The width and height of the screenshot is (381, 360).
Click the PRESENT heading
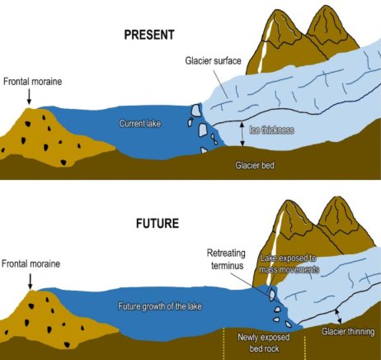point(149,35)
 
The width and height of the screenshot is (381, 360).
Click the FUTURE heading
point(158,223)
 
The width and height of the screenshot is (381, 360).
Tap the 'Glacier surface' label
point(213,60)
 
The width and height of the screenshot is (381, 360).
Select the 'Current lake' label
point(139,123)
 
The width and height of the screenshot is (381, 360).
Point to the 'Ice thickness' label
point(271,130)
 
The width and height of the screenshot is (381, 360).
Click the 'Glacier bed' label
point(255,165)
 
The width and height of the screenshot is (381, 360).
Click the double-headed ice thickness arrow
point(242,134)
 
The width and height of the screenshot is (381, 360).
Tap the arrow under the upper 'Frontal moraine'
point(29,97)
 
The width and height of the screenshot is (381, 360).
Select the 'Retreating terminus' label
point(226,259)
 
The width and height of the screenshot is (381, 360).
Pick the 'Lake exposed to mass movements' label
point(289,263)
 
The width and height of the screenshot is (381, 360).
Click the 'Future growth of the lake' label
point(160,306)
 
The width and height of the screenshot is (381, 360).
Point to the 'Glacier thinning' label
point(348,332)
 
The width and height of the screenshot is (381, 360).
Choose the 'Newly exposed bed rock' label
point(264,343)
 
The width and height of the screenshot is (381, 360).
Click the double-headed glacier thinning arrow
point(338,316)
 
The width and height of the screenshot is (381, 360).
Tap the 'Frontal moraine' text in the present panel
point(32,82)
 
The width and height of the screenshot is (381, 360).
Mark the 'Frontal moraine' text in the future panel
point(31,263)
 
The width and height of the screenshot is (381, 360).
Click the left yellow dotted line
point(223,343)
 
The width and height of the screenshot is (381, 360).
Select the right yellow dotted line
point(304,348)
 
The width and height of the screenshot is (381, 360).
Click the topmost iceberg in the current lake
point(195,110)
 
